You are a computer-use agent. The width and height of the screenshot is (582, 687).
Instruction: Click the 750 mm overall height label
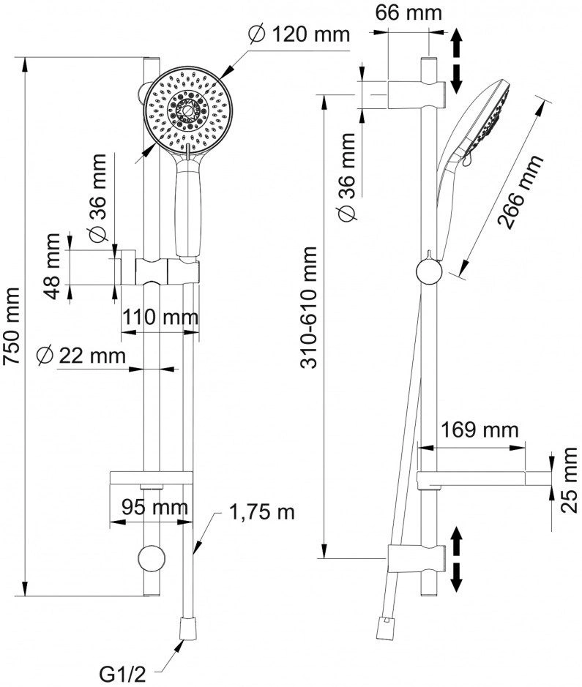[12, 326]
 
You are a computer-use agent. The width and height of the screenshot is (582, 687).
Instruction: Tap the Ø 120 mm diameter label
[299, 34]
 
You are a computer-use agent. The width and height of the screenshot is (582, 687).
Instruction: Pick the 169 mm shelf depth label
[480, 429]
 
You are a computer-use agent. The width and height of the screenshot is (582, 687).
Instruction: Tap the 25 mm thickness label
[570, 480]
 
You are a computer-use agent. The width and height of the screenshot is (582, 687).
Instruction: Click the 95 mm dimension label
[154, 507]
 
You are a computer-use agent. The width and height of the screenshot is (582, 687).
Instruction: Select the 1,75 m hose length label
[262, 511]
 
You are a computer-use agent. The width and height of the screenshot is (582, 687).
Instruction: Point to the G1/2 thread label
[122, 675]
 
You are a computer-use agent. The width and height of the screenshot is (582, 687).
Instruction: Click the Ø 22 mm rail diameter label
[81, 356]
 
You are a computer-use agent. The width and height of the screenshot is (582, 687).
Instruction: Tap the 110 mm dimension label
[160, 317]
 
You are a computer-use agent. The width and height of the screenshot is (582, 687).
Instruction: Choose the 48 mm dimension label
[53, 266]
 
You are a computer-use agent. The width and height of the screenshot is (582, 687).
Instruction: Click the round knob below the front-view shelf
[152, 559]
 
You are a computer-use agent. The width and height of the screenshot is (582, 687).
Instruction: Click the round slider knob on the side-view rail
[429, 271]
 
